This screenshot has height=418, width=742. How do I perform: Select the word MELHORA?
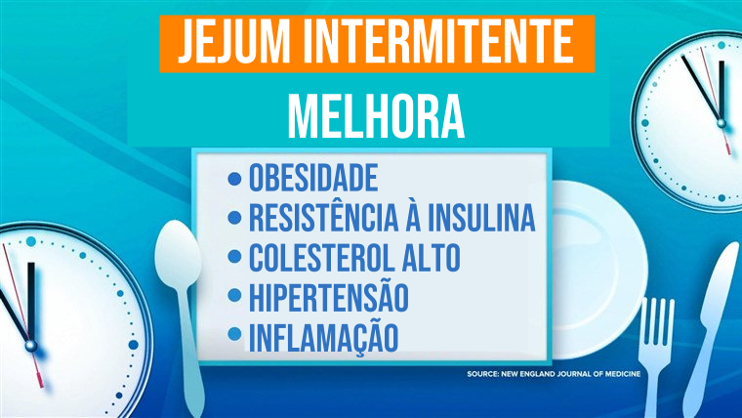376,116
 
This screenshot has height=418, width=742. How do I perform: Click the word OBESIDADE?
313,178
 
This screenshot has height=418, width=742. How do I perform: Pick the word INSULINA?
482,217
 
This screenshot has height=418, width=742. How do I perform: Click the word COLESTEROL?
322,257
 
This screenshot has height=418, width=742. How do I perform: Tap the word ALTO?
432,257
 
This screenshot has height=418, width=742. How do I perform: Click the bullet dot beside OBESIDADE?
234,179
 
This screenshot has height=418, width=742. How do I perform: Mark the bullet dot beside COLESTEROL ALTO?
234,257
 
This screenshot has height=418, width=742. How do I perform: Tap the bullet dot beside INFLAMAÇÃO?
234,334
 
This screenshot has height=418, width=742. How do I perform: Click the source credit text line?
554,374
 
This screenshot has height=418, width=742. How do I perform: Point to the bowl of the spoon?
178,254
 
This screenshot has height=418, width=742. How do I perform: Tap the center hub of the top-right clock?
721,123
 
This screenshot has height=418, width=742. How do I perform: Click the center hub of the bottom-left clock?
31,346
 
